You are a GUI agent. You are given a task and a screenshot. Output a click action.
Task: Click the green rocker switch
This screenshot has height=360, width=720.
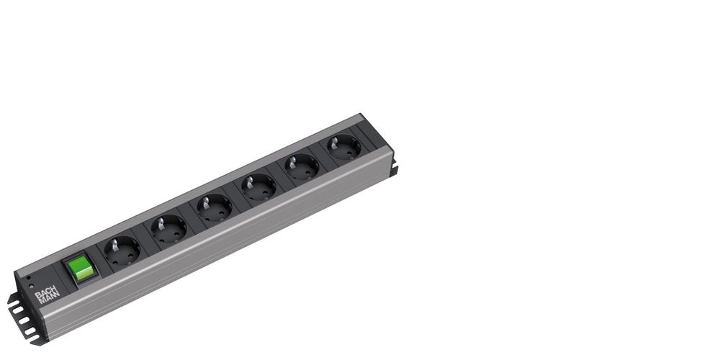[81, 268]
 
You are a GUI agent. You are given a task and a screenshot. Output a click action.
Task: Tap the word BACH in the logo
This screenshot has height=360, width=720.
[47, 292]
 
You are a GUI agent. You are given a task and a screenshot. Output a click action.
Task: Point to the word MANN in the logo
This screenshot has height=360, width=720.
[49, 299]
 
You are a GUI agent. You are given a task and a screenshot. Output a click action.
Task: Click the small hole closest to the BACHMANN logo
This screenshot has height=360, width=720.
[31, 286]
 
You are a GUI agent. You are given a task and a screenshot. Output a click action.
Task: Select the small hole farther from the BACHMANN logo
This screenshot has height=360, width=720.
[29, 278]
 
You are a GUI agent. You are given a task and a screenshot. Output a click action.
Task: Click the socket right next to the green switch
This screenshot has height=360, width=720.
[122, 251]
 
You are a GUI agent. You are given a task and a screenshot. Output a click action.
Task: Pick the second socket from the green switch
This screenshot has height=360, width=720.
[169, 229]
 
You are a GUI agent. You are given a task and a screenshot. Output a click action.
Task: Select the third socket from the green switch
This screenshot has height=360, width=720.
[215, 208]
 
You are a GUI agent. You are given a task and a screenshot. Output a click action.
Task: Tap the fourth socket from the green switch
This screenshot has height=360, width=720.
[258, 187]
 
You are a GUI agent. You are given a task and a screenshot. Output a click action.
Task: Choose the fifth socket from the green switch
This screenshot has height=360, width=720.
[302, 167]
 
